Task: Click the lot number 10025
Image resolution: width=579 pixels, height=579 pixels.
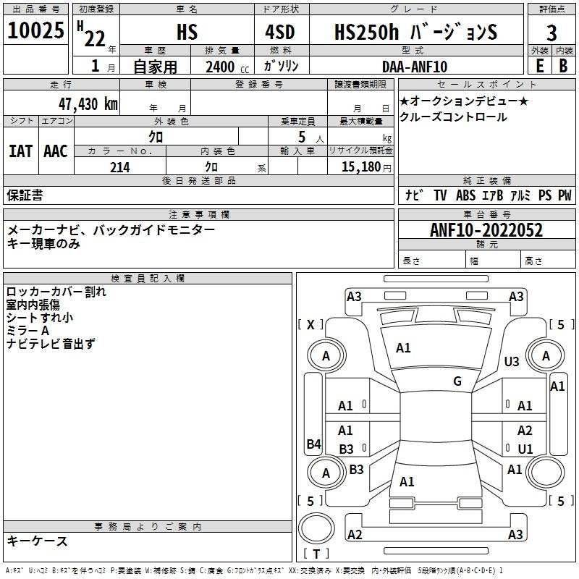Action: tap(35, 30)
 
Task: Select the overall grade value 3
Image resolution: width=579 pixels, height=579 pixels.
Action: tap(551, 33)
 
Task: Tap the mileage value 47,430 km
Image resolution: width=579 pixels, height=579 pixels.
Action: tap(88, 104)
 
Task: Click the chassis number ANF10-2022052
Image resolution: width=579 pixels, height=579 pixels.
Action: tap(486, 230)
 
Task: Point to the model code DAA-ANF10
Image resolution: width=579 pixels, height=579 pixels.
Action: tap(415, 67)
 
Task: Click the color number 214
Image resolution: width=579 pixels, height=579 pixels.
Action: tap(120, 167)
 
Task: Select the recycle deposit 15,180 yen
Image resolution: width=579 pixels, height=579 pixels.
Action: tap(366, 167)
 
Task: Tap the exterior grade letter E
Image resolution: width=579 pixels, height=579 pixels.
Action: tap(540, 66)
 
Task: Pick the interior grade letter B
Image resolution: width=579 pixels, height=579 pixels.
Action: tap(563, 66)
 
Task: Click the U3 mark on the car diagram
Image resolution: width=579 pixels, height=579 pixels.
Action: tap(512, 361)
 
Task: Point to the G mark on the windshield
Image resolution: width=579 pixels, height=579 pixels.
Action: tap(457, 381)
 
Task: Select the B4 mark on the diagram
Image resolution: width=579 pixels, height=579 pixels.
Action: tap(314, 444)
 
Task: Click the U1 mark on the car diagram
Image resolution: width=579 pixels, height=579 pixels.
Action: tap(525, 449)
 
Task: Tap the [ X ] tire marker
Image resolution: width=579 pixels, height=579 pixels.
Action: tap(310, 324)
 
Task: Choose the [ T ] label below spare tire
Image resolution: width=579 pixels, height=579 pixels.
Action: tap(316, 554)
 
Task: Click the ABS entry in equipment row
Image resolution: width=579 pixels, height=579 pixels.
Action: tap(465, 195)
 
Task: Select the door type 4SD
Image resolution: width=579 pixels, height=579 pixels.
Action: tap(280, 32)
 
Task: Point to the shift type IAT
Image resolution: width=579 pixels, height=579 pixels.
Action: tap(20, 151)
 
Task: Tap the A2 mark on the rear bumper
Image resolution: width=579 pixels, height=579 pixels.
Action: tap(355, 534)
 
